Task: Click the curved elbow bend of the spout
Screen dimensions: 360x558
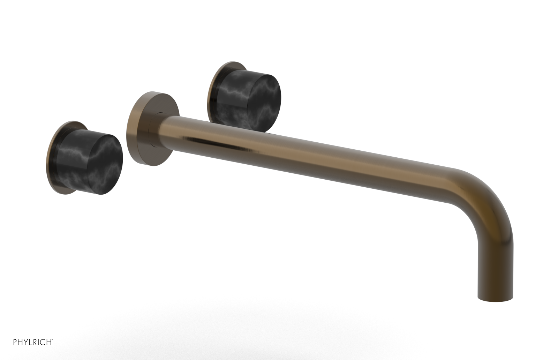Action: [488, 195]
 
